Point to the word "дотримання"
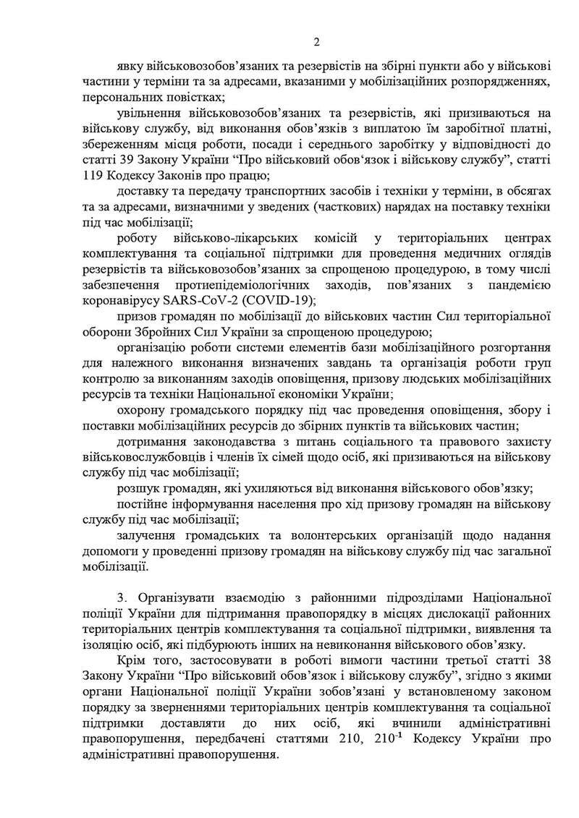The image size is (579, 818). click(x=150, y=443)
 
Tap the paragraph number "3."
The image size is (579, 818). click(x=121, y=599)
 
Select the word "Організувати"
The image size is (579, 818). click(x=174, y=599)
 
